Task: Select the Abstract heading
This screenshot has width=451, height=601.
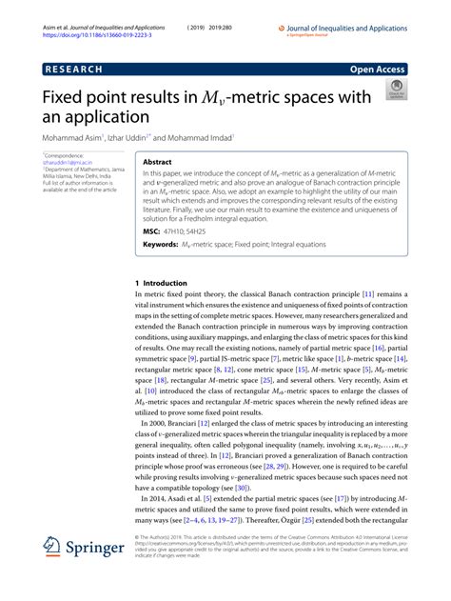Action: pos(157,163)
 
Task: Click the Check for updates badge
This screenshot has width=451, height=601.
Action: pos(394,91)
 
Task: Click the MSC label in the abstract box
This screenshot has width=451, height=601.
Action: pos(150,231)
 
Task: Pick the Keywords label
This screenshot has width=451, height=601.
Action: pos(161,245)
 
